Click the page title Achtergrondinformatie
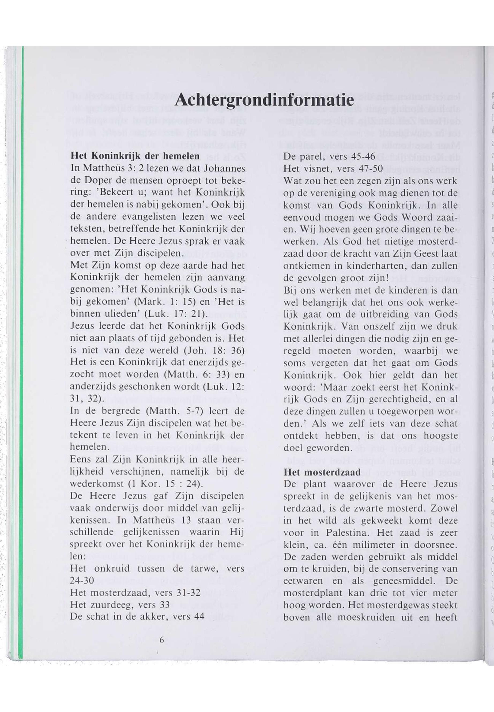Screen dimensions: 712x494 264,100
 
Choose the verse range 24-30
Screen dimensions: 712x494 82,581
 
